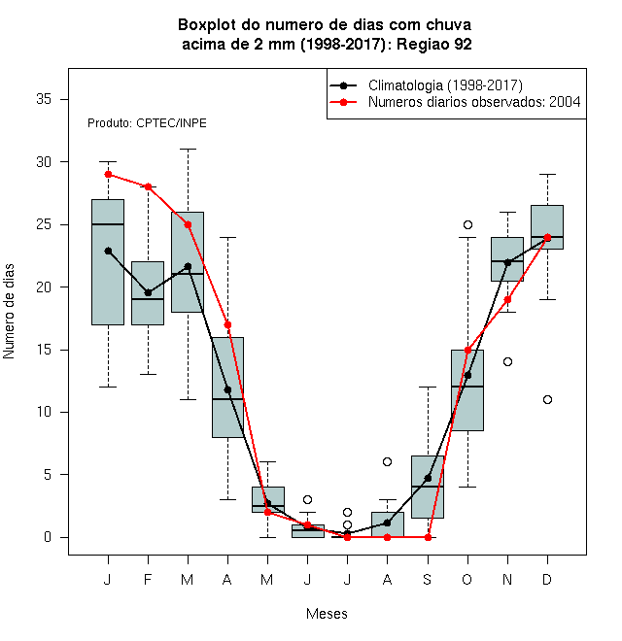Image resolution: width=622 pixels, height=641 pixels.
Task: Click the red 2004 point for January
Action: [x=108, y=175]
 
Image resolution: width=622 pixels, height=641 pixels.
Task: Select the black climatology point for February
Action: [x=148, y=292]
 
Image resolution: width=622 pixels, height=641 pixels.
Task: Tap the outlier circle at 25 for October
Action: [x=467, y=225]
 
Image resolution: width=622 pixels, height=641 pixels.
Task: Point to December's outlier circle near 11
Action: [x=547, y=399]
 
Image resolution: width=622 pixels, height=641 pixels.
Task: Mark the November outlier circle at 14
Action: [x=507, y=362]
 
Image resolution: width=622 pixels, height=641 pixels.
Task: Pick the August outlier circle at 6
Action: [x=387, y=462]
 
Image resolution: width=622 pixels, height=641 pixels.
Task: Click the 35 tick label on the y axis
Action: [x=44, y=99]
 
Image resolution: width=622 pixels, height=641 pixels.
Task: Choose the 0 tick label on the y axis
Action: [x=48, y=537]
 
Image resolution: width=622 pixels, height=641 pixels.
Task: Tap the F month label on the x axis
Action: [x=148, y=579]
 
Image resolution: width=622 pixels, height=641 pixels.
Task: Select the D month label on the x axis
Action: [x=547, y=579]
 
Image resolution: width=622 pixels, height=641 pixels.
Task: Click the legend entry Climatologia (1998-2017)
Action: [x=445, y=85]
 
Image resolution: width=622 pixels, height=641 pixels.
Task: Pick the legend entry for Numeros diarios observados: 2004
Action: [x=474, y=102]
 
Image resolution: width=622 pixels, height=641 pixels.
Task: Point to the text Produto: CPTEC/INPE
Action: [x=147, y=123]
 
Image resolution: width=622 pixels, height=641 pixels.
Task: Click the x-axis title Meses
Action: [x=327, y=614]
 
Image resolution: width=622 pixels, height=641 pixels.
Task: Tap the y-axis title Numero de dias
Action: [x=9, y=311]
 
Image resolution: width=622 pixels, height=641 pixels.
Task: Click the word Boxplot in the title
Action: [x=207, y=25]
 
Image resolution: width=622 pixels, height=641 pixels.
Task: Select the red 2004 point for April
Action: [x=228, y=325]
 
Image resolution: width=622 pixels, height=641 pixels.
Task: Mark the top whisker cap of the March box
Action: [x=188, y=150]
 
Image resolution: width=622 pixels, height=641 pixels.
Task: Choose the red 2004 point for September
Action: [x=428, y=537]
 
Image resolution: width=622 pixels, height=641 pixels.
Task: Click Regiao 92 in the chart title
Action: [x=434, y=44]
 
